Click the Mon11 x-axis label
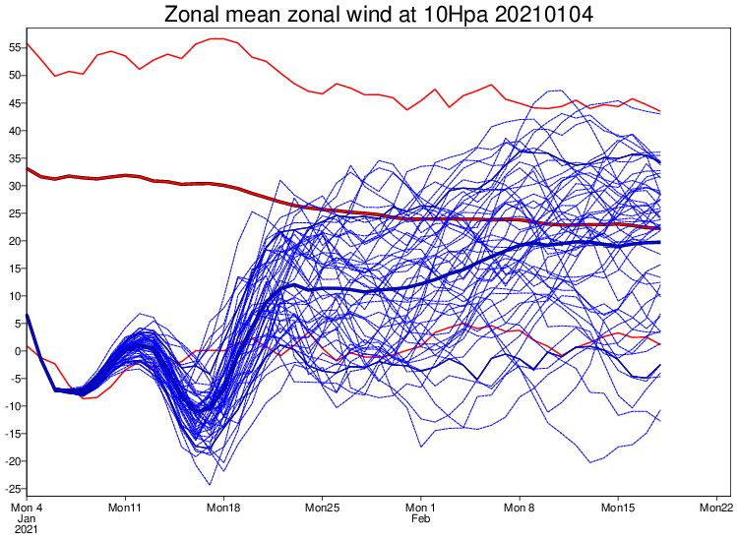coord(125,508)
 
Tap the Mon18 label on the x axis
coord(223,508)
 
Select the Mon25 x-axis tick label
coord(322,508)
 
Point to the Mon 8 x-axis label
coord(519,508)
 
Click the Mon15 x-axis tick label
coord(617,508)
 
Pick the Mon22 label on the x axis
coord(715,508)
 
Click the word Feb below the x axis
coord(420,518)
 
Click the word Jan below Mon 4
coord(27,518)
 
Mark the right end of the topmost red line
coord(659,111)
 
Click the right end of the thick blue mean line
coord(659,242)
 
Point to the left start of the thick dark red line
coord(28,168)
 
